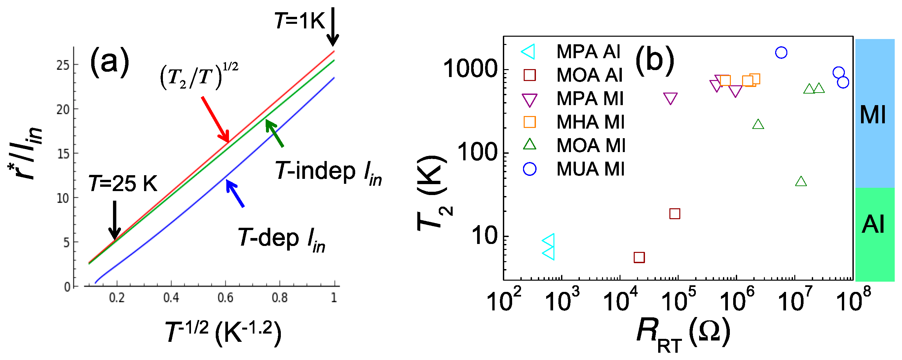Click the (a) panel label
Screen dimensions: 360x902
click(110, 63)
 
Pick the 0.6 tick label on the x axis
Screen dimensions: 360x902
click(225, 298)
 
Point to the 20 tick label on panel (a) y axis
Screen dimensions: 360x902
click(63, 110)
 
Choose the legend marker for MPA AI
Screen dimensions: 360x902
click(529, 52)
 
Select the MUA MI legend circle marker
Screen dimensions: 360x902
click(529, 169)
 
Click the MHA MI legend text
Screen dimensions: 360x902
click(590, 122)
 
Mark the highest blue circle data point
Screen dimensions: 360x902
click(781, 53)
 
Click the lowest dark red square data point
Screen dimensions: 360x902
click(639, 258)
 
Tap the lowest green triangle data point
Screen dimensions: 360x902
click(801, 181)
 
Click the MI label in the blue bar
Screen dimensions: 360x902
click(873, 114)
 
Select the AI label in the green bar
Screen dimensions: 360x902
click(873, 224)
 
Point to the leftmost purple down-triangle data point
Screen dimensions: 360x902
click(670, 99)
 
